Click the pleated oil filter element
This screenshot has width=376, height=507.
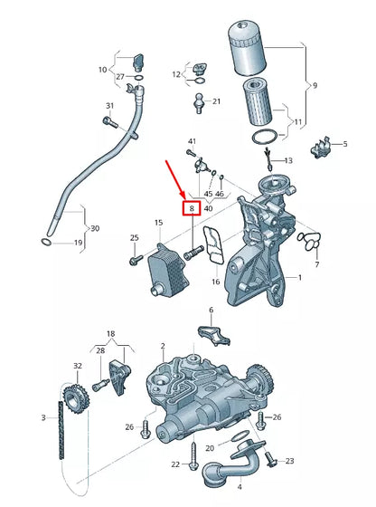pos(258,99)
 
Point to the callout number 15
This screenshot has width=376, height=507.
pos(158,223)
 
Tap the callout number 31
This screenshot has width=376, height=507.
pos(109,106)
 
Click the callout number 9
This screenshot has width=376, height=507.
pos(314,86)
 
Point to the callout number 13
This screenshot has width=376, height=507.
pos(289,160)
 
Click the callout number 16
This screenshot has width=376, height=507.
pos(215,282)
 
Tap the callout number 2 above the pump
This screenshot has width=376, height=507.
pos(163,347)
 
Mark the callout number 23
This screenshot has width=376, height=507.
pos(289,462)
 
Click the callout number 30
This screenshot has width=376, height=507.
pos(95,227)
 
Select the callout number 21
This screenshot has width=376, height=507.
pos(215,102)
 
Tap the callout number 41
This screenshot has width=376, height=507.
pos(192,142)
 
